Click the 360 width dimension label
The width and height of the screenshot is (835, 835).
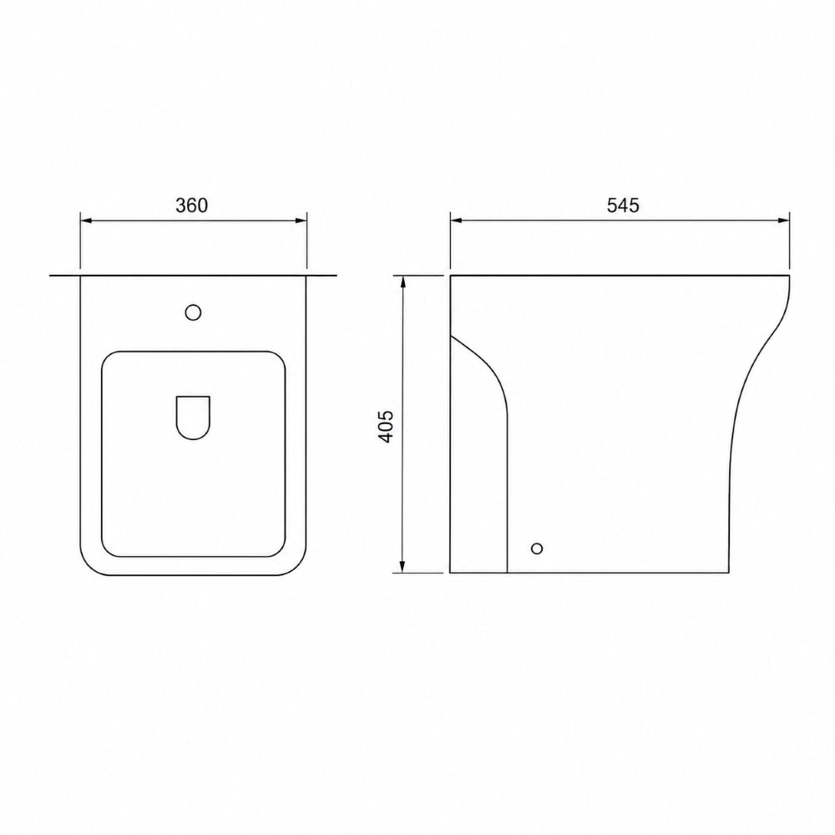click(192, 205)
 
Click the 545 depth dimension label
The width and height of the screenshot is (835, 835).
click(623, 205)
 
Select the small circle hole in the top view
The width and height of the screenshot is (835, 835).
click(194, 312)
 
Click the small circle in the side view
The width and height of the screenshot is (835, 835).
click(537, 548)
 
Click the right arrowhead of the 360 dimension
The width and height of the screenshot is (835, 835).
click(301, 220)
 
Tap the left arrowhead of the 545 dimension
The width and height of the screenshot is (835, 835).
click(457, 220)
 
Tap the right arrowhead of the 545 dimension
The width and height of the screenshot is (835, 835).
click(782, 220)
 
